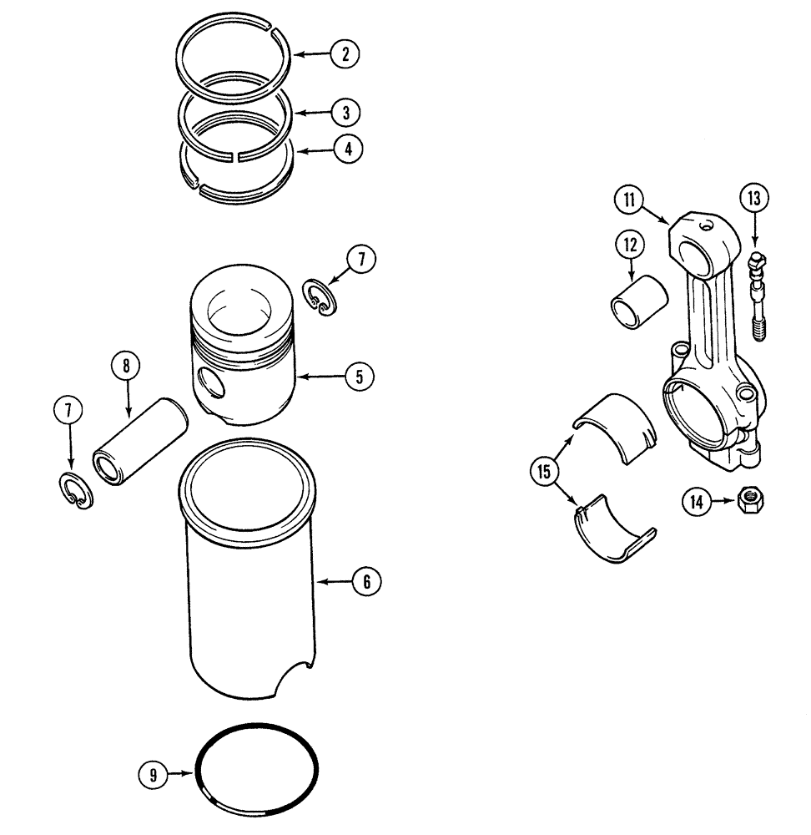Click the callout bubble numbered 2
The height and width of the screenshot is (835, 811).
344,54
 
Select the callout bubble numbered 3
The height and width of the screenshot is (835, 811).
345,111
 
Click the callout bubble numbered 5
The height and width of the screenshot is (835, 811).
359,377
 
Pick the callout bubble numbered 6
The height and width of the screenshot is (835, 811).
366,581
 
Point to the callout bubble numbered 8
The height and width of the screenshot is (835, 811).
127,365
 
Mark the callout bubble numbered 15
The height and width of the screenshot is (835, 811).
544,472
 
